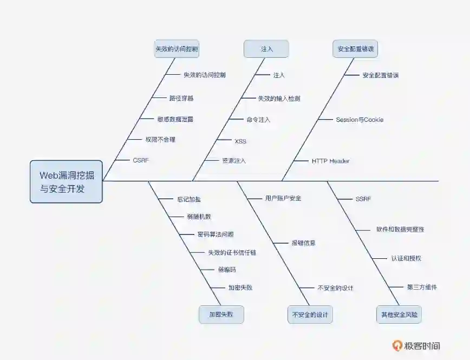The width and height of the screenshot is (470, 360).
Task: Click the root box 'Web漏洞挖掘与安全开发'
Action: (x=66, y=182)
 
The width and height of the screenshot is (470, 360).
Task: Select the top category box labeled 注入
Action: (x=266, y=49)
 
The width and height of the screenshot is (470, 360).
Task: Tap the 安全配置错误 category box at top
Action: (x=355, y=49)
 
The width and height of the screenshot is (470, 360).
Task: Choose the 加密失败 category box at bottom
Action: (x=221, y=315)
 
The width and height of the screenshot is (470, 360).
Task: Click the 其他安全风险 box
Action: (x=399, y=315)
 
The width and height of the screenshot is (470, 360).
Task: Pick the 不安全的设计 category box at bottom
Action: (x=310, y=315)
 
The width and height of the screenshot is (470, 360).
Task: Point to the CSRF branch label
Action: (x=140, y=160)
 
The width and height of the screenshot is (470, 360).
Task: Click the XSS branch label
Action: (x=240, y=141)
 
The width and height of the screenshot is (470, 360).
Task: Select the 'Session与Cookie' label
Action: (x=360, y=120)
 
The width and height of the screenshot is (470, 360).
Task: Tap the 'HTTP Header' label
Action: (x=330, y=161)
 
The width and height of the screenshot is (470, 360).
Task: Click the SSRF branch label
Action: (x=363, y=199)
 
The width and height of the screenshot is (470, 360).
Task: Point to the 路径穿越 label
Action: (x=181, y=99)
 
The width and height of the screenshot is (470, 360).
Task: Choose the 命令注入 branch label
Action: (x=258, y=120)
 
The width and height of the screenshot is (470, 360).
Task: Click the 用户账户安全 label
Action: (x=283, y=198)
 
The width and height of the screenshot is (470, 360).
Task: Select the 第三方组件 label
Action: (x=422, y=287)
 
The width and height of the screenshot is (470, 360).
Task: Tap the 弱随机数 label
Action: (x=199, y=217)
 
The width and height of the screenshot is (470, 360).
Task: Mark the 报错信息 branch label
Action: (x=304, y=243)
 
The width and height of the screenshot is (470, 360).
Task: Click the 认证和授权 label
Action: (x=406, y=258)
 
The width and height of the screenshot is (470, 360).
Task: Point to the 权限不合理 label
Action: (x=160, y=140)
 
